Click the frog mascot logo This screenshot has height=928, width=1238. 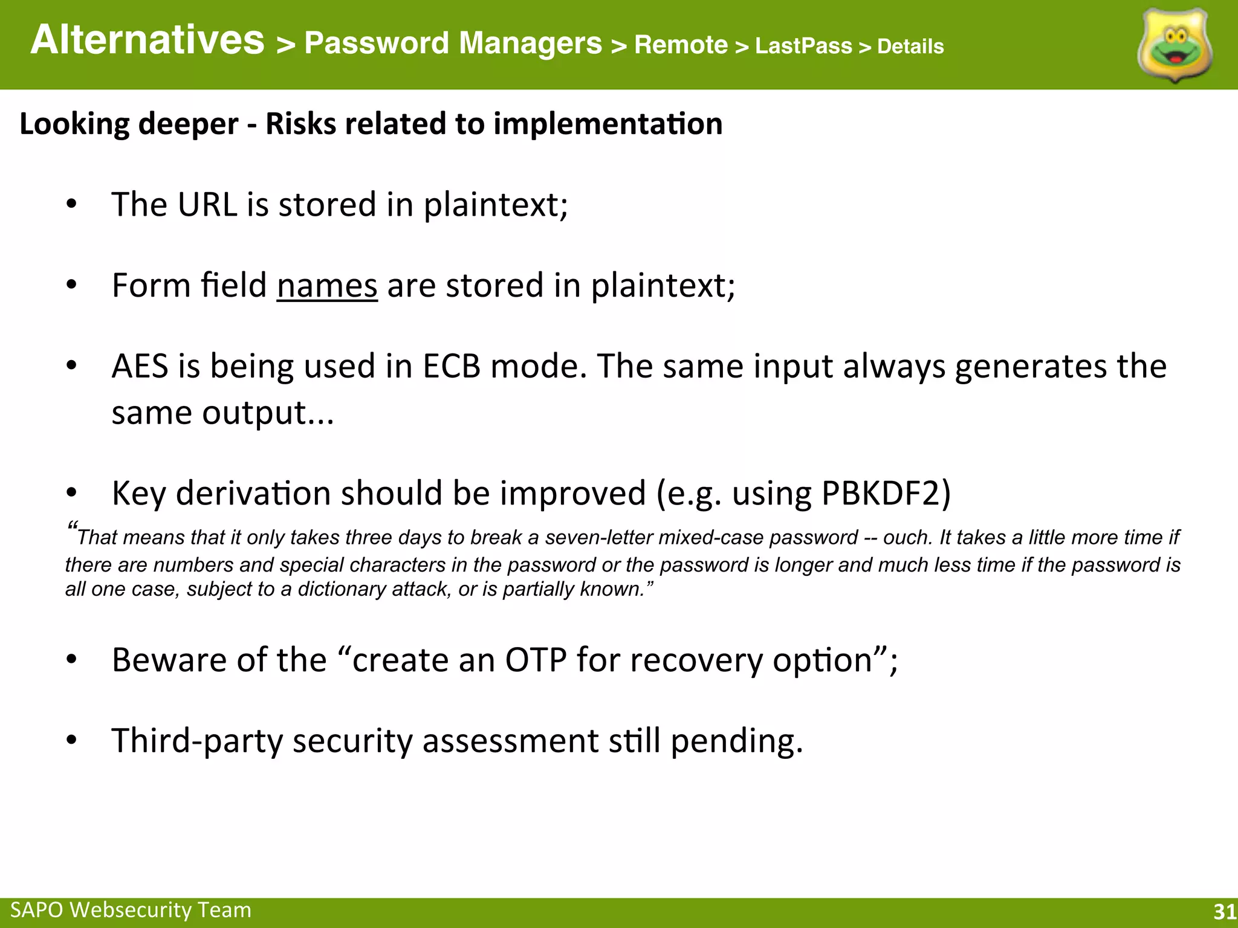coord(1175,46)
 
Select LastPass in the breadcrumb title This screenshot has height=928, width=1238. coord(803,46)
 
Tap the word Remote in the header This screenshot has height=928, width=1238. coord(681,45)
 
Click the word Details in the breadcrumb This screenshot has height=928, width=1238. coord(910,47)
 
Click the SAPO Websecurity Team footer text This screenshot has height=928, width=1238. coord(131,910)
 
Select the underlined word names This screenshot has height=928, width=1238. coord(327,285)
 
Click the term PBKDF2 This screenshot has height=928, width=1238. coord(886,493)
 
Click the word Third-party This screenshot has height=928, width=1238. coord(197,741)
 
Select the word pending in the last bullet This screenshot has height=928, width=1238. coord(736,741)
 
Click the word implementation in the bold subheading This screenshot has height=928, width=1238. coord(608,124)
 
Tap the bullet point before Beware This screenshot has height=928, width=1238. coord(71,660)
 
